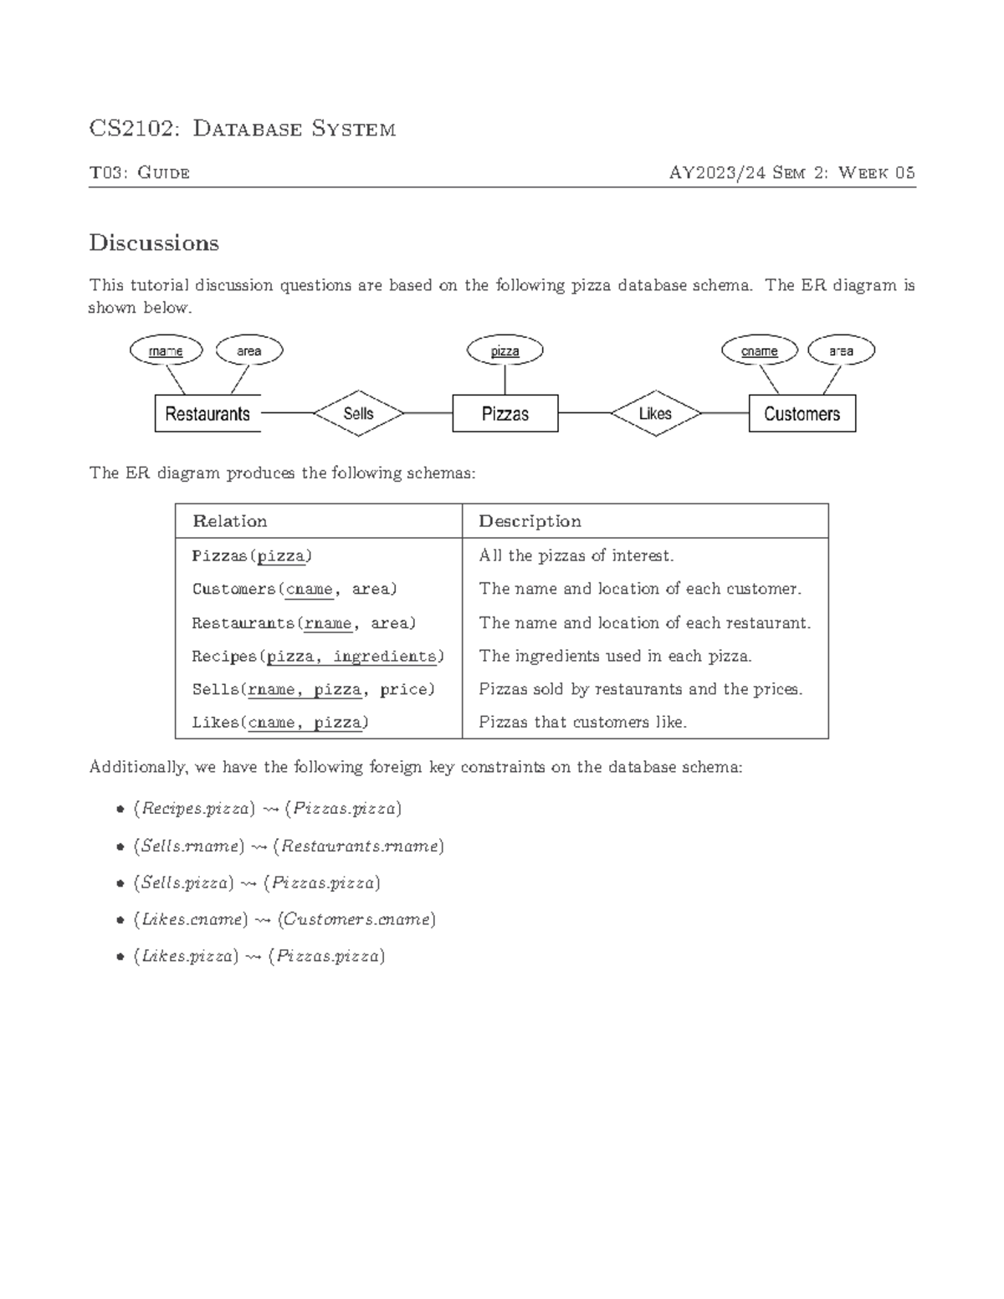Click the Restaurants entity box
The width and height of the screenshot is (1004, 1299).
207,413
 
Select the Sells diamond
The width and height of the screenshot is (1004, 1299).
358,413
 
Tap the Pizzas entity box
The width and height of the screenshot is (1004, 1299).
505,413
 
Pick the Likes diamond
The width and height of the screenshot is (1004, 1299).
655,413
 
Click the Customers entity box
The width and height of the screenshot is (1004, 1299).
802,413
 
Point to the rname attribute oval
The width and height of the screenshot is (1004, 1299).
166,351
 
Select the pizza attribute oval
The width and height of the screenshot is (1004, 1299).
505,351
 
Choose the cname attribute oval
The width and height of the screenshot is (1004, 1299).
759,351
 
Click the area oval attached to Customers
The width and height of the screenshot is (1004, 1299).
841,351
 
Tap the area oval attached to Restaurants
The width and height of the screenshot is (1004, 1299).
249,351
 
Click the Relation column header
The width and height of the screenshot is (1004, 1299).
230,521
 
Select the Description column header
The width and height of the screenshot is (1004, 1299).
530,521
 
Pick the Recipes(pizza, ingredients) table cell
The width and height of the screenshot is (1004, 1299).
318,657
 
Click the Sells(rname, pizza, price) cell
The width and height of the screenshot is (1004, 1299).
314,689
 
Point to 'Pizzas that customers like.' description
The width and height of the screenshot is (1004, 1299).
582,722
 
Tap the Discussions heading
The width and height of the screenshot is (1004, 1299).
154,243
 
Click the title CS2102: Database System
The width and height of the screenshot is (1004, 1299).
243,129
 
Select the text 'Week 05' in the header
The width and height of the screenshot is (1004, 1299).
876,173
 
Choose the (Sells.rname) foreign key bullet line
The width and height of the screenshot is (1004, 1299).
289,846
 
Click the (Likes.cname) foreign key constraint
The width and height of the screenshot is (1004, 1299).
284,919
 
